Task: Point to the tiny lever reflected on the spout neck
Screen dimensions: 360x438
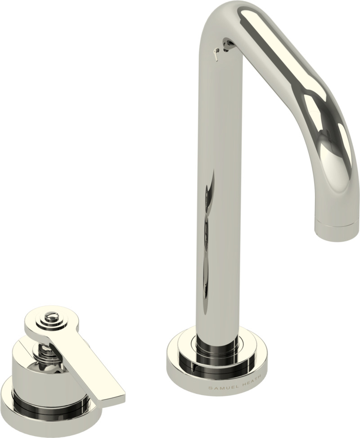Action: click(x=216, y=53)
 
